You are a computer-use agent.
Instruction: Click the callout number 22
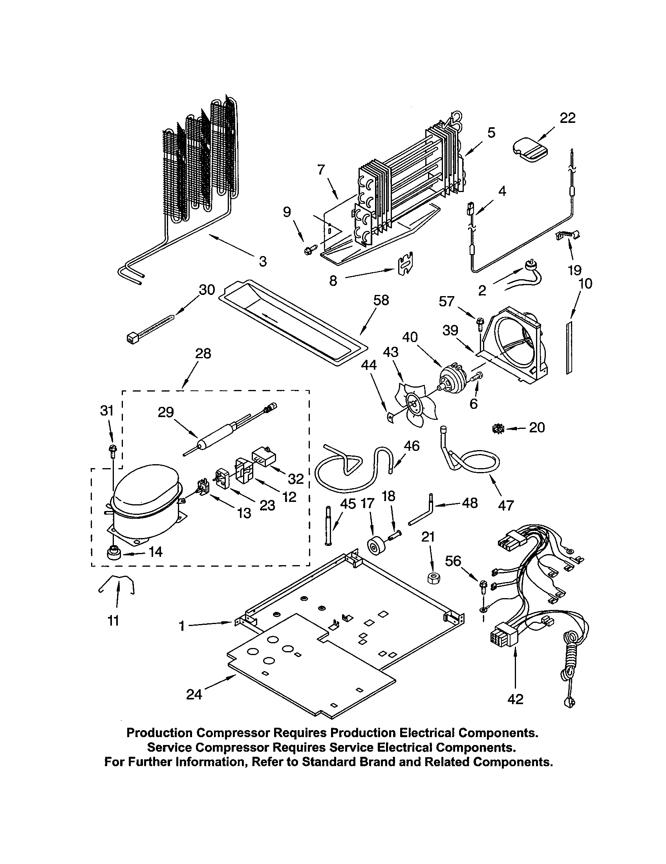pyautogui.click(x=567, y=118)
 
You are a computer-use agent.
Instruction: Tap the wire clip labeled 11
pyautogui.click(x=116, y=586)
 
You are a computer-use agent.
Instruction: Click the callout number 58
pyautogui.click(x=381, y=301)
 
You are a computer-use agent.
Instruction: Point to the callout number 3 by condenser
pyautogui.click(x=263, y=261)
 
